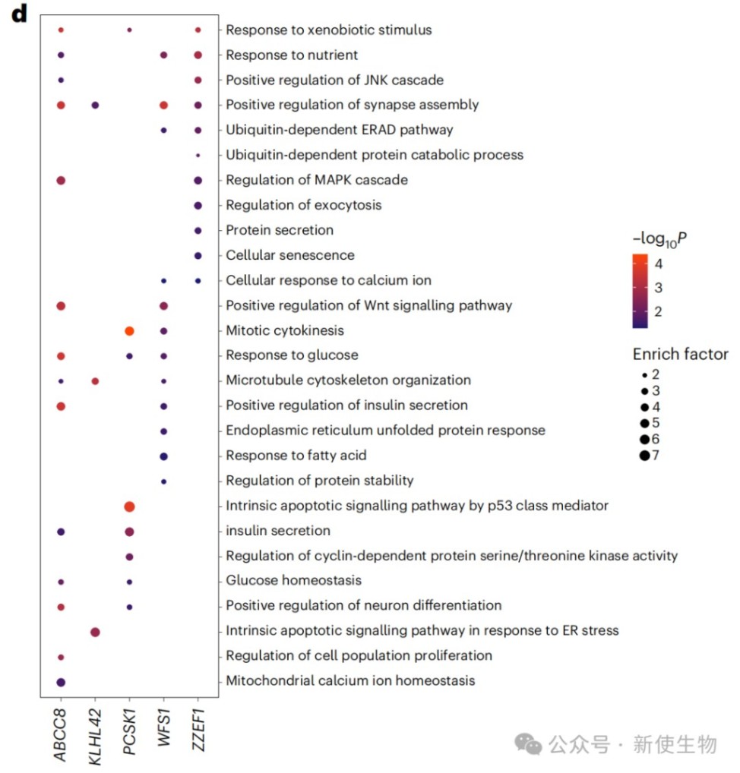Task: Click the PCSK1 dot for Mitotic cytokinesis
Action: (x=129, y=330)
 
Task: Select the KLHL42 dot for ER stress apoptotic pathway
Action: (x=95, y=631)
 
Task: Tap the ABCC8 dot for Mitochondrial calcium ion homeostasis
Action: (x=61, y=681)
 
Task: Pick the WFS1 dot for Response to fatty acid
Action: (x=163, y=456)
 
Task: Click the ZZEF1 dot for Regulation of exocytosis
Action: (x=198, y=205)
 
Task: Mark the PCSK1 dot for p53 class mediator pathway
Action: (x=129, y=506)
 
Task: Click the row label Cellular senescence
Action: (x=290, y=255)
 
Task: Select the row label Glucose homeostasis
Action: (x=293, y=581)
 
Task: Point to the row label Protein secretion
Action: (x=280, y=230)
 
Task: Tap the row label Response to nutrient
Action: (x=292, y=55)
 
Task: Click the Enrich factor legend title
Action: (x=679, y=355)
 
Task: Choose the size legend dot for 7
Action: (x=644, y=456)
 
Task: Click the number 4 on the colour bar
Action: (x=658, y=265)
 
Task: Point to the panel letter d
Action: (x=17, y=16)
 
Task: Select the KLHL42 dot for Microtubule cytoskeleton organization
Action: (x=95, y=380)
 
